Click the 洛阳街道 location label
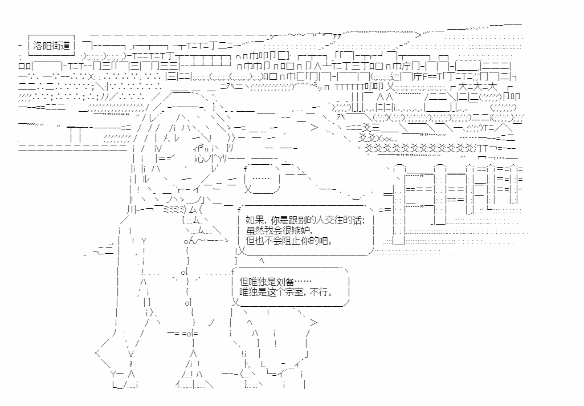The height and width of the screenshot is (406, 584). tap(51, 46)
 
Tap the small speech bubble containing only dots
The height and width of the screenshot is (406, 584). tap(262, 179)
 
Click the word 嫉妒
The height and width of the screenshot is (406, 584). tap(299, 230)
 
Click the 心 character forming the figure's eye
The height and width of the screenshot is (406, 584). tap(201, 159)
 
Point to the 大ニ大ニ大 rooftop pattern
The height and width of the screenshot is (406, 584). tap(477, 88)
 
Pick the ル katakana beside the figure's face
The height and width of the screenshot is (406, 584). tap(146, 179)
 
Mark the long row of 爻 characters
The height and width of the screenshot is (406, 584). tap(420, 148)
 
